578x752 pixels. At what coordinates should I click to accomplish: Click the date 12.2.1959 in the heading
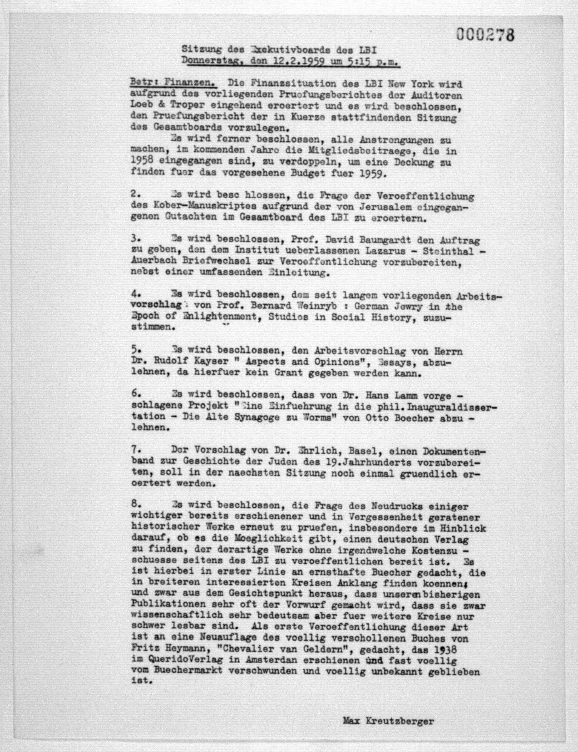298,62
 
